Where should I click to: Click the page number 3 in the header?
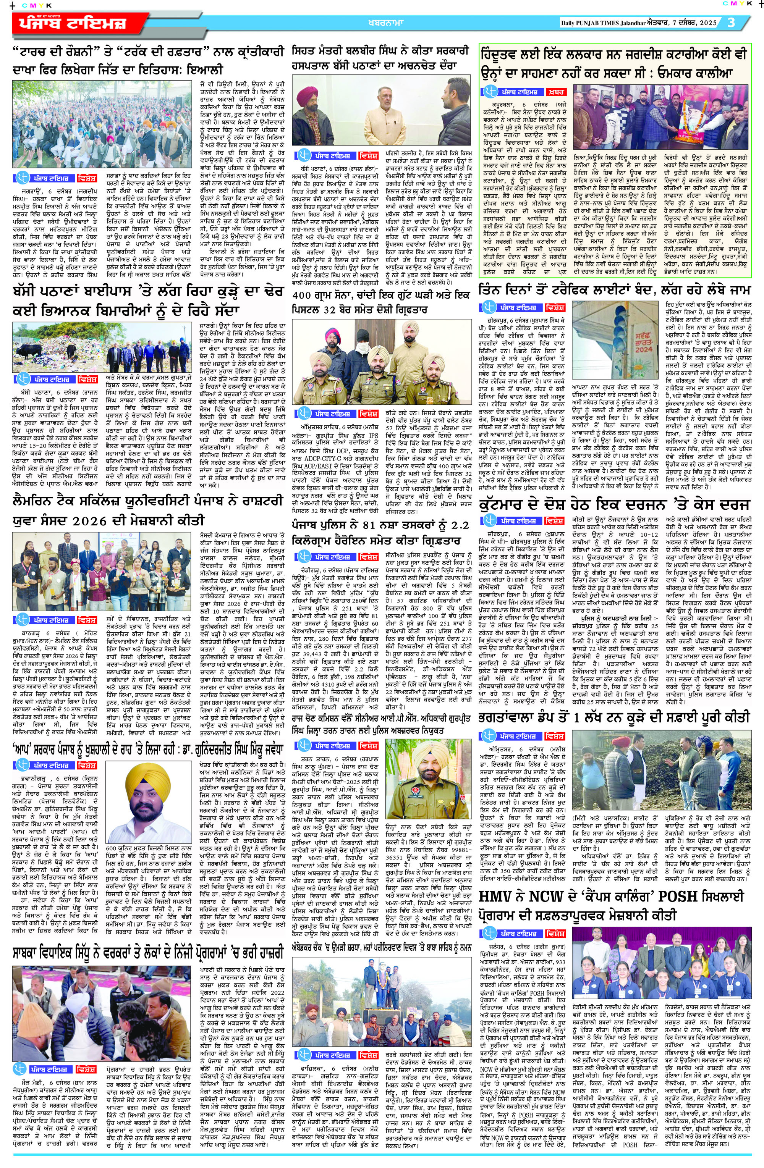click(732, 23)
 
